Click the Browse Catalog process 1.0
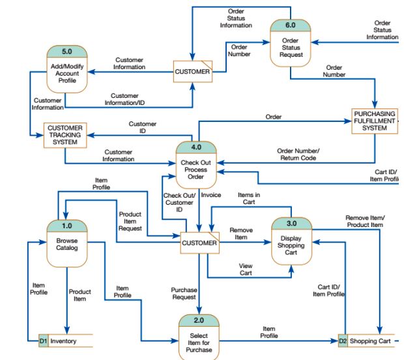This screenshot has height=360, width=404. click(67, 244)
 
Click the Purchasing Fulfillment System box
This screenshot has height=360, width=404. click(374, 121)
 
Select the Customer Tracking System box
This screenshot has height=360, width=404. click(65, 134)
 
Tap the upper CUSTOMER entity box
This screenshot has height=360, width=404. click(193, 71)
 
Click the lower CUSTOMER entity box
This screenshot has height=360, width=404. click(199, 243)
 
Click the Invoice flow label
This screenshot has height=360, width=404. click(211, 194)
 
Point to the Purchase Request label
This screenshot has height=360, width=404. click(184, 293)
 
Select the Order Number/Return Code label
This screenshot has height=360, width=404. click(298, 154)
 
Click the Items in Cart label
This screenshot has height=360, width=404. click(249, 198)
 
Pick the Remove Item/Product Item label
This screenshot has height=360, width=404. click(365, 221)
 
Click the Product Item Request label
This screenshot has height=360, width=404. click(130, 221)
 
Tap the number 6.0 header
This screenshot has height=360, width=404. click(291, 25)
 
